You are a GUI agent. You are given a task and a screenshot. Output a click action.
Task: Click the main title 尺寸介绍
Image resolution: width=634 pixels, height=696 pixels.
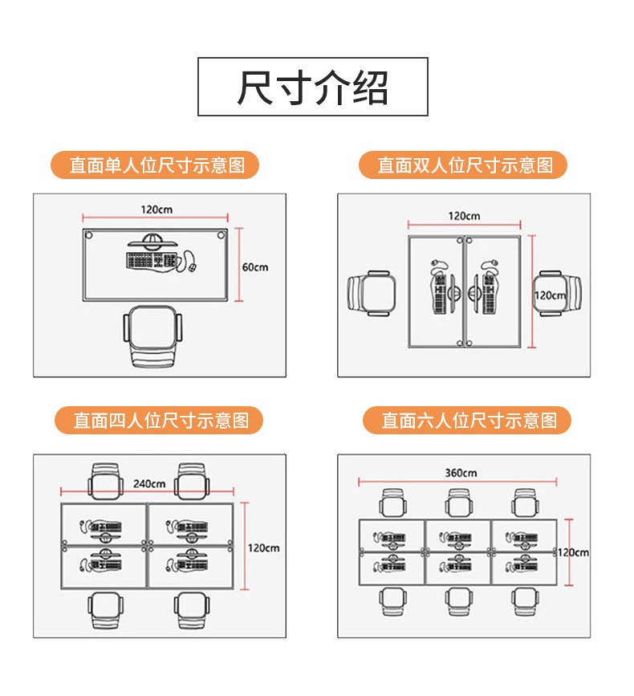pyautogui.click(x=313, y=87)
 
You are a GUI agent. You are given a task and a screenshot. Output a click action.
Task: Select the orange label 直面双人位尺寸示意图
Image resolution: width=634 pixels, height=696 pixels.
pyautogui.click(x=465, y=165)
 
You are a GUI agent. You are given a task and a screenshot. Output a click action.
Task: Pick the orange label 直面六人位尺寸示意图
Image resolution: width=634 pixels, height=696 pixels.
pyautogui.click(x=468, y=420)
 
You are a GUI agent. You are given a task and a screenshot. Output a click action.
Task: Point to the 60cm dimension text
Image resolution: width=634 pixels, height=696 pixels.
pyautogui.click(x=255, y=267)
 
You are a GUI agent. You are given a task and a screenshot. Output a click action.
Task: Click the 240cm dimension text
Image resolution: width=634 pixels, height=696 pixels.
pyautogui.click(x=150, y=483)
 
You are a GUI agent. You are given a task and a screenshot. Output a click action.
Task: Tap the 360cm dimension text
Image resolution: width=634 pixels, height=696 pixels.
pyautogui.click(x=461, y=473)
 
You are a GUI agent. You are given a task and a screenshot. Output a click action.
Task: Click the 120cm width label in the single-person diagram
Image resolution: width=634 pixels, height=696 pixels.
pyautogui.click(x=156, y=210)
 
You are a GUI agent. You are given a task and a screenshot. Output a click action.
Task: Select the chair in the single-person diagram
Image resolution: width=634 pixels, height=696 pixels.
pyautogui.click(x=153, y=336)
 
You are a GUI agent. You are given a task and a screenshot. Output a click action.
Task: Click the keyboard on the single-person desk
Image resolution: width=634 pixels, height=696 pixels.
pyautogui.click(x=151, y=260)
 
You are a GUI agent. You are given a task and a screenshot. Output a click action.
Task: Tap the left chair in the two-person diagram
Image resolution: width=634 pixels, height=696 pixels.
pyautogui.click(x=372, y=294)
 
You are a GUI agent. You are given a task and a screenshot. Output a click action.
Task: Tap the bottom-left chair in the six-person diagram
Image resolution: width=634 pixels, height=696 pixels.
pyautogui.click(x=392, y=602)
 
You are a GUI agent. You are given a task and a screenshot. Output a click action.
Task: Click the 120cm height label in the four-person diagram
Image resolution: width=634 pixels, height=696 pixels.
pyautogui.click(x=264, y=547)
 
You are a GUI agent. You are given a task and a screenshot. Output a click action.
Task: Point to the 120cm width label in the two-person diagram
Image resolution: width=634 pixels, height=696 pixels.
pyautogui.click(x=464, y=215)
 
